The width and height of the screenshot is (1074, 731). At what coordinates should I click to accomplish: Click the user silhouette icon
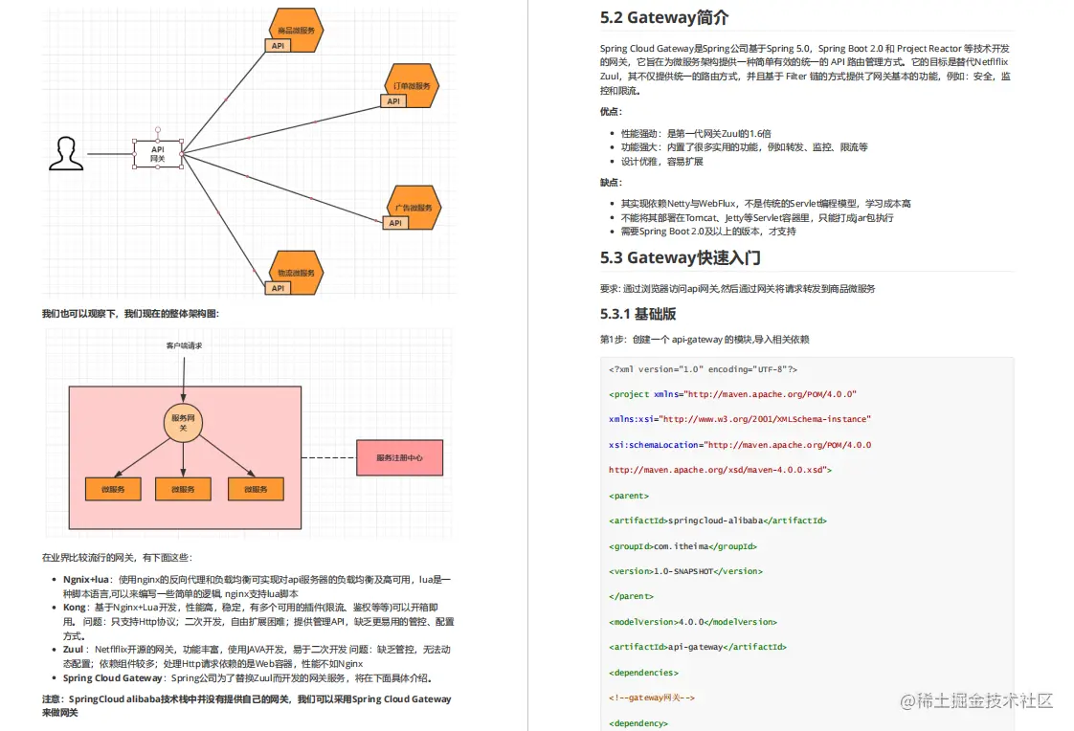[64, 154]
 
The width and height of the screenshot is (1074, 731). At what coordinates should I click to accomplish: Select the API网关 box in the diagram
[157, 154]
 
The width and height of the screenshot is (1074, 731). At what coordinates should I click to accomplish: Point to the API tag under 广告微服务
[393, 223]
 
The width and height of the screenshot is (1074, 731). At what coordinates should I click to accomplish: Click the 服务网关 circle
[183, 423]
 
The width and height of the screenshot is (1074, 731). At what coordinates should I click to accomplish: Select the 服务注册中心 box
[399, 457]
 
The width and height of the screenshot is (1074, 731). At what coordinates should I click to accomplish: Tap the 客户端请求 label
[184, 345]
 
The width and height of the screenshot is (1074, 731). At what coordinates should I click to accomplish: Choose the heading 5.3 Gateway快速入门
[681, 257]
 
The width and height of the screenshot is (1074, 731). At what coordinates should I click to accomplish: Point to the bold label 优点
[611, 111]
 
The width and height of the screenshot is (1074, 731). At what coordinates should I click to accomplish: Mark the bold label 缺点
[611, 182]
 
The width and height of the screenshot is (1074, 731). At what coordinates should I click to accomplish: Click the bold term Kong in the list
[75, 608]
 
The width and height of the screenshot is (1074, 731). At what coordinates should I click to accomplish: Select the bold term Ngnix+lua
[86, 580]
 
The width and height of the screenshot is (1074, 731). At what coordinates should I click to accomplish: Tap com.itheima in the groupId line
[682, 546]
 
